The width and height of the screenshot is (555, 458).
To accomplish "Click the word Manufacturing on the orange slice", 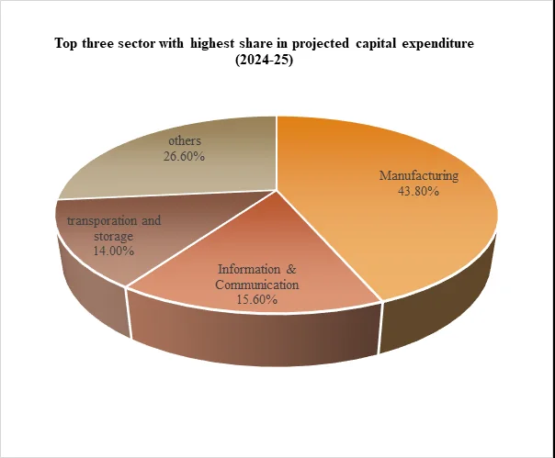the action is point(419,176).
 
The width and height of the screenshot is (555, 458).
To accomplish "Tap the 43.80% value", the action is point(418,191).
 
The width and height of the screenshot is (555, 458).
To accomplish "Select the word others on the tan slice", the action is point(185,140).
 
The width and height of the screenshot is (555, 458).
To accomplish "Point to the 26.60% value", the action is point(184,156).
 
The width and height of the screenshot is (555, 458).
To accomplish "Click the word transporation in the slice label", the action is point(102,221).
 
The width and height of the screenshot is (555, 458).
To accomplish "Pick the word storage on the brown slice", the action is point(114,236).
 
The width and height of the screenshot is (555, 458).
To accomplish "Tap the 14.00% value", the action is point(114,251).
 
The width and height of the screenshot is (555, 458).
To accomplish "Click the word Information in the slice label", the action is point(249,270).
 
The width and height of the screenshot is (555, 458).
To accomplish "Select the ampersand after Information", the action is point(291,270).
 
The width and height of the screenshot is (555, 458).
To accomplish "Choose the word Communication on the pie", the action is point(257,285).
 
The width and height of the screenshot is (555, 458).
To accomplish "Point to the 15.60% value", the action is point(257,300).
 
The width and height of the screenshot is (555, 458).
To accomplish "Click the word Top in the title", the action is point(66,44).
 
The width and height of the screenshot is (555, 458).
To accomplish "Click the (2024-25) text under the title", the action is point(265,61).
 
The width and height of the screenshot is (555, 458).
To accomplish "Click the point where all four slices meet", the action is point(277,190).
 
